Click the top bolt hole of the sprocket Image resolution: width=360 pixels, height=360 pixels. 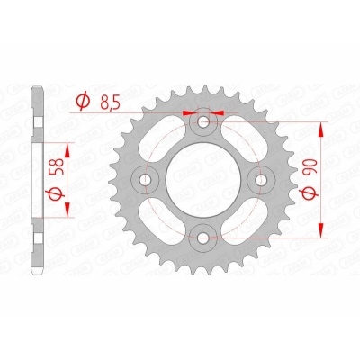click(x=204, y=121)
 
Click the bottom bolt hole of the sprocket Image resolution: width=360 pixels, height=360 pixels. click(x=203, y=238)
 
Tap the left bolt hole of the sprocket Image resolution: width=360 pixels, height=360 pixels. click(x=146, y=179)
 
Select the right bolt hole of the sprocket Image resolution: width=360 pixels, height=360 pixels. click(x=261, y=179)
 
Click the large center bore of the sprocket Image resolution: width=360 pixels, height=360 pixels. click(x=202, y=180)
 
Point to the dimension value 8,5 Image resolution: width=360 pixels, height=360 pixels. click(x=110, y=103)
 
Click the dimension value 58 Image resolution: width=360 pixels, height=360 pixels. click(x=58, y=166)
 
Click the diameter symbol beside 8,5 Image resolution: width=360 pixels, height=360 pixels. click(x=83, y=101)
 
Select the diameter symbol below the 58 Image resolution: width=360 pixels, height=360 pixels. click(x=58, y=193)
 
